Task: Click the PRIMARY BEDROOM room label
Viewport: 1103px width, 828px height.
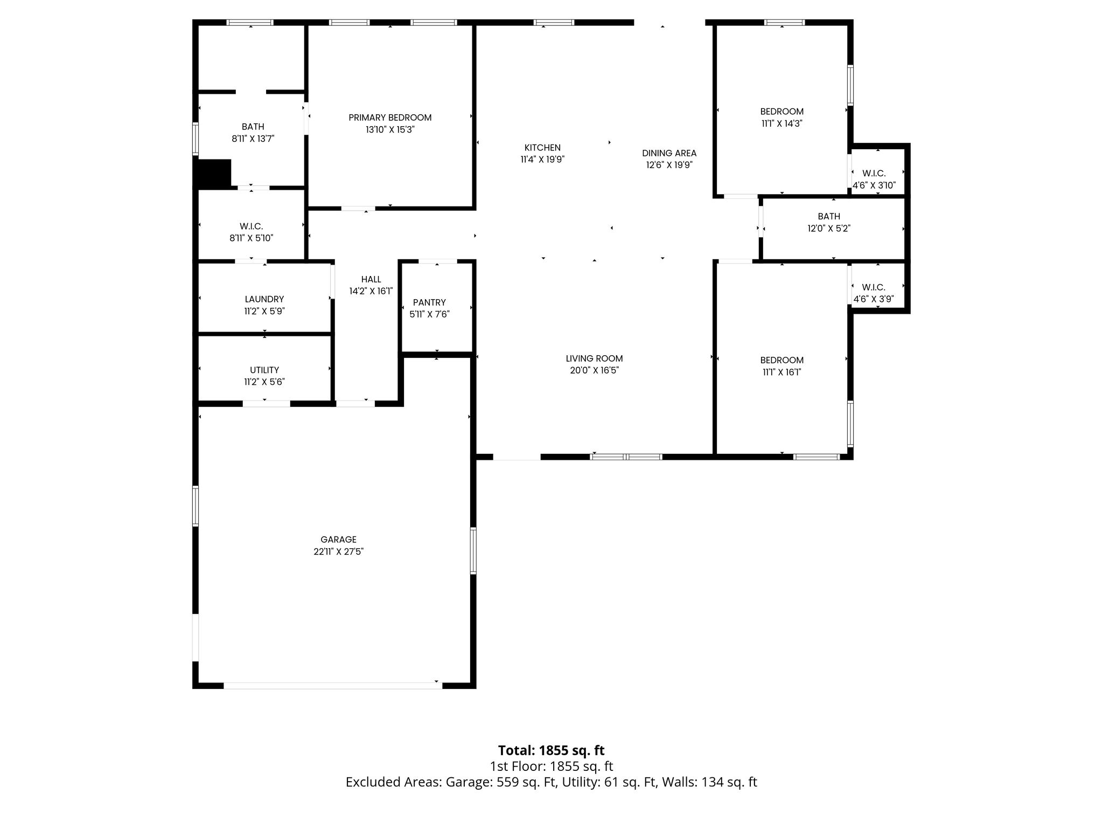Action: pyautogui.click(x=390, y=118)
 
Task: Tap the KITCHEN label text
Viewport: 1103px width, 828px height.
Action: pyautogui.click(x=542, y=148)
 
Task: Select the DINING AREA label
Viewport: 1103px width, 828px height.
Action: pyautogui.click(x=669, y=153)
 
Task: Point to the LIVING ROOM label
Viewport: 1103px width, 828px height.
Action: pyautogui.click(x=594, y=358)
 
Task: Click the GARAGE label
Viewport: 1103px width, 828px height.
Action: pyautogui.click(x=338, y=540)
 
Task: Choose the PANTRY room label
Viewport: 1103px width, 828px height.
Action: pyautogui.click(x=429, y=302)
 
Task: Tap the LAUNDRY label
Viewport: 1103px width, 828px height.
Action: pyautogui.click(x=264, y=299)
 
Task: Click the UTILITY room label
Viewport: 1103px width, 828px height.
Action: pyautogui.click(x=264, y=370)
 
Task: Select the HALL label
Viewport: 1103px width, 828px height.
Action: pyautogui.click(x=371, y=279)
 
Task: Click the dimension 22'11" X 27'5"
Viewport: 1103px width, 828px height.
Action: pyautogui.click(x=338, y=551)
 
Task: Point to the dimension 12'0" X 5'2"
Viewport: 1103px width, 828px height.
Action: pyautogui.click(x=828, y=228)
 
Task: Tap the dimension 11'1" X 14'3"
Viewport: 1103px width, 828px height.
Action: pyautogui.click(x=781, y=123)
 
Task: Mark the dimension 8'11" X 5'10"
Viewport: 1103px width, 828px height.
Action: pyautogui.click(x=252, y=238)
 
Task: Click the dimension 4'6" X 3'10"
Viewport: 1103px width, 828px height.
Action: pyautogui.click(x=874, y=185)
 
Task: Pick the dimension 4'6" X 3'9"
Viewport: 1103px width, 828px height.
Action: pyautogui.click(x=874, y=299)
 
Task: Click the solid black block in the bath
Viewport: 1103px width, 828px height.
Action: pyautogui.click(x=214, y=174)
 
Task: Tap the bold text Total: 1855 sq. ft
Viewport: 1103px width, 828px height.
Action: pyautogui.click(x=551, y=750)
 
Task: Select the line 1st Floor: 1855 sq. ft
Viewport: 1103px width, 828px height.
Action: pyautogui.click(x=551, y=767)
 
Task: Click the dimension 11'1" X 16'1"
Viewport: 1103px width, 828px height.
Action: pyautogui.click(x=781, y=372)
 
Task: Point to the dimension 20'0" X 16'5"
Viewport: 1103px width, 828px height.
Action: pyautogui.click(x=594, y=370)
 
